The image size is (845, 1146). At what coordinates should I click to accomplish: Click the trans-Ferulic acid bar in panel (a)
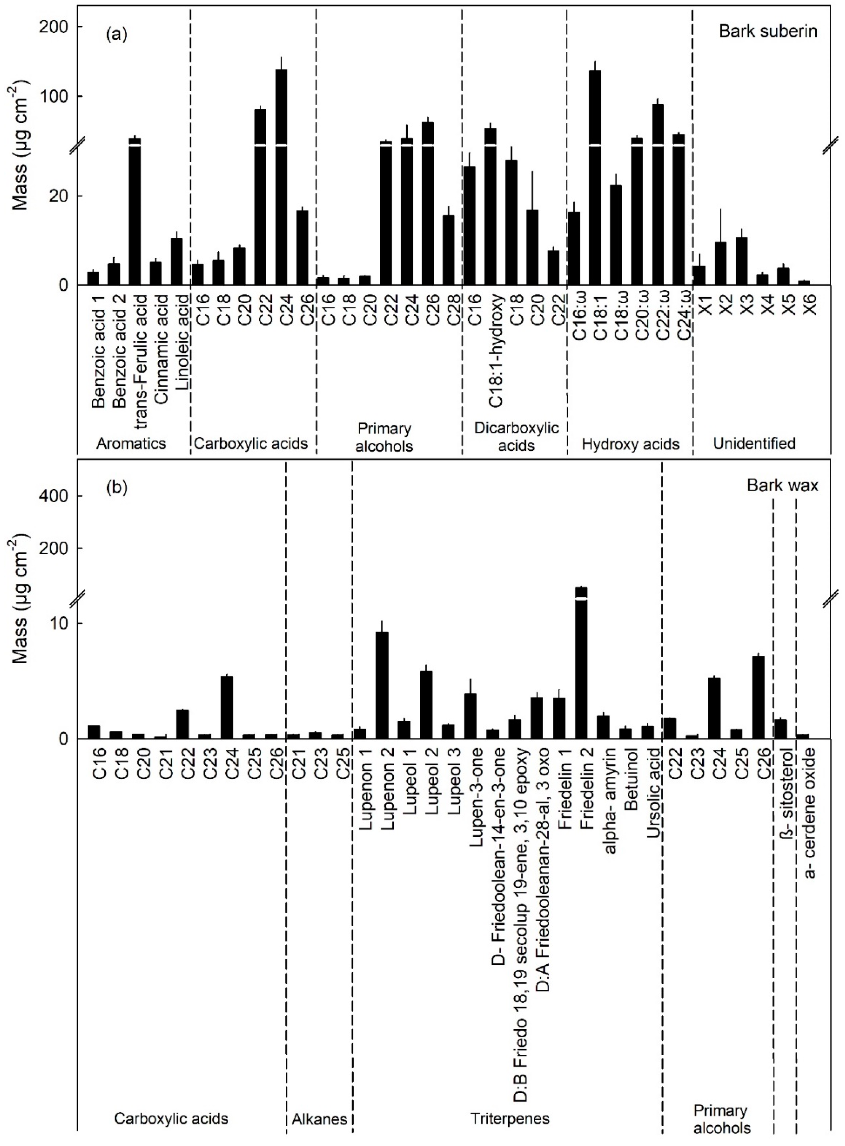pos(135,215)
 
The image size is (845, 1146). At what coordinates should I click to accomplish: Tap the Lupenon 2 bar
pos(382,685)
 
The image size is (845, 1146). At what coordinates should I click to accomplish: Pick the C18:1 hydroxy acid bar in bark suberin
pos(595,179)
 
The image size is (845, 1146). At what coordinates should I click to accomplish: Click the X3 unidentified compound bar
pos(742,261)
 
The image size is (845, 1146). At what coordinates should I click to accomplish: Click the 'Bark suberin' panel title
pos(768,31)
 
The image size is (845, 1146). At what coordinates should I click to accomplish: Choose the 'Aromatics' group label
pos(131,443)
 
